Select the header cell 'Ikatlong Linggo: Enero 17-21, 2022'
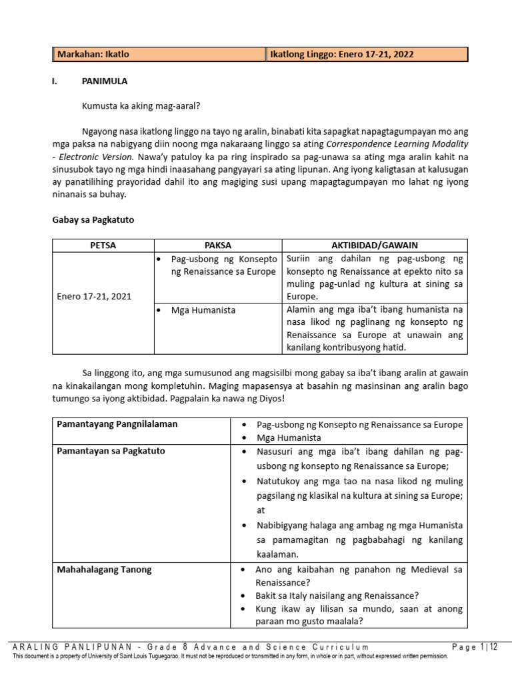(341, 55)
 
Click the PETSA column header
(103, 245)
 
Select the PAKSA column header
(218, 245)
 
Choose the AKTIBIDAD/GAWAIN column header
(374, 245)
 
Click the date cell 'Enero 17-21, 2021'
(94, 296)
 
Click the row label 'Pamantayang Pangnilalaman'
(117, 424)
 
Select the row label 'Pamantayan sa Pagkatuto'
(111, 451)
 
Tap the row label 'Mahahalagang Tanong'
(104, 570)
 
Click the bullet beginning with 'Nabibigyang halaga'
(359, 526)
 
